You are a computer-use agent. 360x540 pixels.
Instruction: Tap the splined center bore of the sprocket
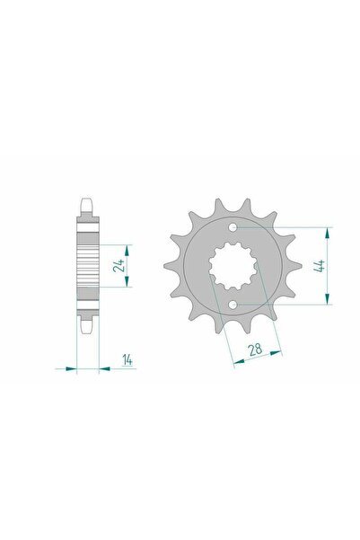pos(235,267)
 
